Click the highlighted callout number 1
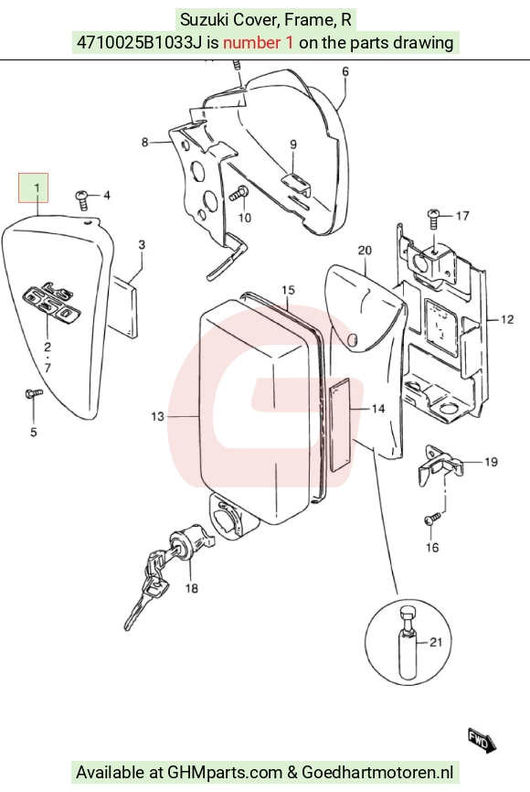(37, 187)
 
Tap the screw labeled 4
(81, 199)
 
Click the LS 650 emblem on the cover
(53, 303)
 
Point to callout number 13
(157, 416)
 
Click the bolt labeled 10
(238, 193)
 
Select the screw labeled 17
(433, 219)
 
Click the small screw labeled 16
(433, 518)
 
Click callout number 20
(365, 250)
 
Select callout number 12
(507, 318)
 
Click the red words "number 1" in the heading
(258, 42)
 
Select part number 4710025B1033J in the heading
(140, 42)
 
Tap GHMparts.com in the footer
(225, 772)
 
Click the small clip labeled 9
(296, 183)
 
